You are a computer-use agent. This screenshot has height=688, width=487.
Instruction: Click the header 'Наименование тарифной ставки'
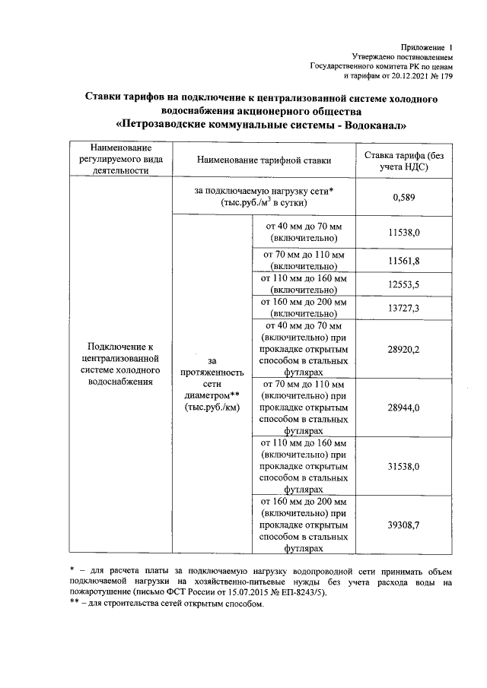[x=264, y=160]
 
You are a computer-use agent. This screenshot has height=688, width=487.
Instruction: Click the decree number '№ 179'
[x=441, y=76]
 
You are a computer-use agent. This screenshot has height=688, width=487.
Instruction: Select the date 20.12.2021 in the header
[x=404, y=76]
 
